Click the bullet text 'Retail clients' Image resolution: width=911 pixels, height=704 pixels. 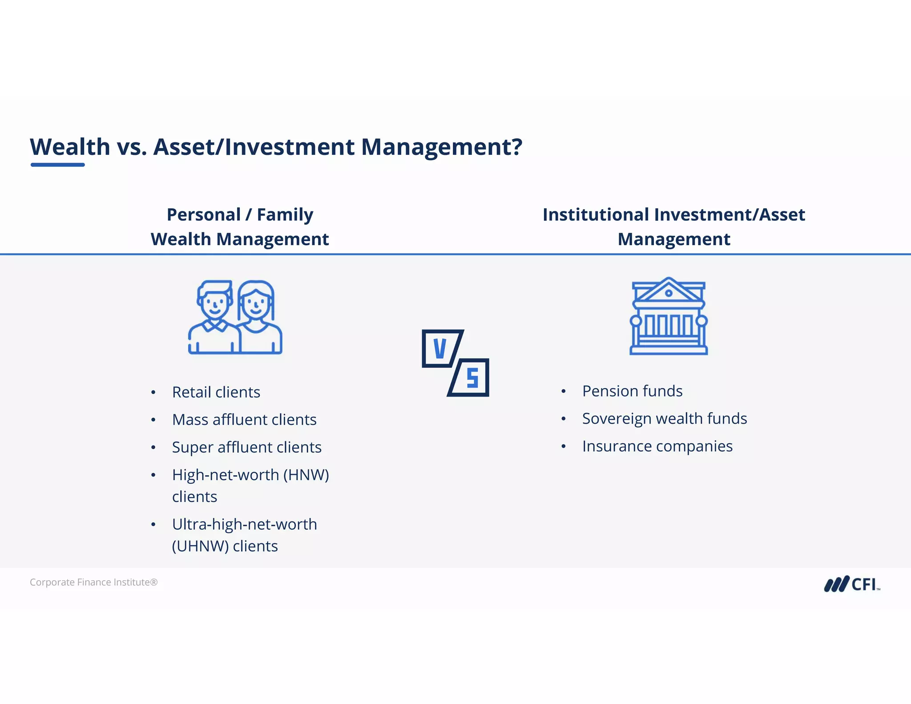click(x=216, y=392)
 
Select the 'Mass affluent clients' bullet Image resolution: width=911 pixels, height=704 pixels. click(x=244, y=420)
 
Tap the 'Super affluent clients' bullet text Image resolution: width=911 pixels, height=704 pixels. click(x=246, y=447)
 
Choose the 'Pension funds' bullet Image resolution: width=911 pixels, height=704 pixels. click(x=632, y=391)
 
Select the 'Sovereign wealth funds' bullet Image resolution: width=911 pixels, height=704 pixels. click(x=664, y=419)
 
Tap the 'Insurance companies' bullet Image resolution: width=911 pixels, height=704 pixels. click(x=657, y=446)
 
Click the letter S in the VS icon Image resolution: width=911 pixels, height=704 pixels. click(x=472, y=378)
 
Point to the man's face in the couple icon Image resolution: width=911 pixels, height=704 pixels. click(x=215, y=304)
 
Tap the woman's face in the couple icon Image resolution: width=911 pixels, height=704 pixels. click(x=255, y=304)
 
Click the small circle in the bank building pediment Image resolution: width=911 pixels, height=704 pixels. click(x=669, y=293)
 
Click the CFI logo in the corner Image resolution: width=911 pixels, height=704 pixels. click(x=852, y=584)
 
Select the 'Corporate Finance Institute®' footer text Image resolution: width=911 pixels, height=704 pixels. click(x=93, y=582)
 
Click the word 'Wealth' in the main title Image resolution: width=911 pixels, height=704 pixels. click(x=70, y=147)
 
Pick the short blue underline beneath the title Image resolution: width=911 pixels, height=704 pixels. click(x=58, y=165)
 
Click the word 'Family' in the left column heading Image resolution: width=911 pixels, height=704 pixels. click(x=285, y=214)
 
